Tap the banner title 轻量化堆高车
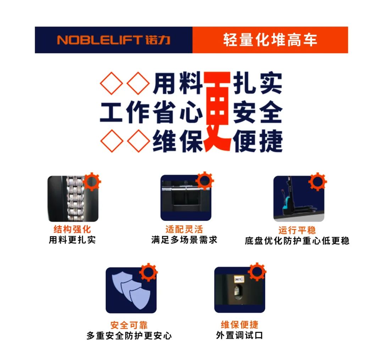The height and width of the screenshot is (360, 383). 270,40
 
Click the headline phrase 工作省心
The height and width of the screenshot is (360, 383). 151,112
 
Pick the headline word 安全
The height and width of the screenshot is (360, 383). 258,112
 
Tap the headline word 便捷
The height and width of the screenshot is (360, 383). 258,141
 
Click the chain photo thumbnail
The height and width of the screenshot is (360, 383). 73,199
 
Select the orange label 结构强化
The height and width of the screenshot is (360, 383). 72,229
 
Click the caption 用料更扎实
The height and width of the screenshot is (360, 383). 72,240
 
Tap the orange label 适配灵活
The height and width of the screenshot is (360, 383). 184,229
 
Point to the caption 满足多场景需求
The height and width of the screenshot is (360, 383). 184,240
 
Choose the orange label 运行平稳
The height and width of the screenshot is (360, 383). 297,230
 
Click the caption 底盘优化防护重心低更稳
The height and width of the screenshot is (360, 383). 297,241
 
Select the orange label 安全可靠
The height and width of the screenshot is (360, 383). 129,325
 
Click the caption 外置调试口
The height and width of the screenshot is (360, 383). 239,335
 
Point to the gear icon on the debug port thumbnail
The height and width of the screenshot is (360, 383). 257,272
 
